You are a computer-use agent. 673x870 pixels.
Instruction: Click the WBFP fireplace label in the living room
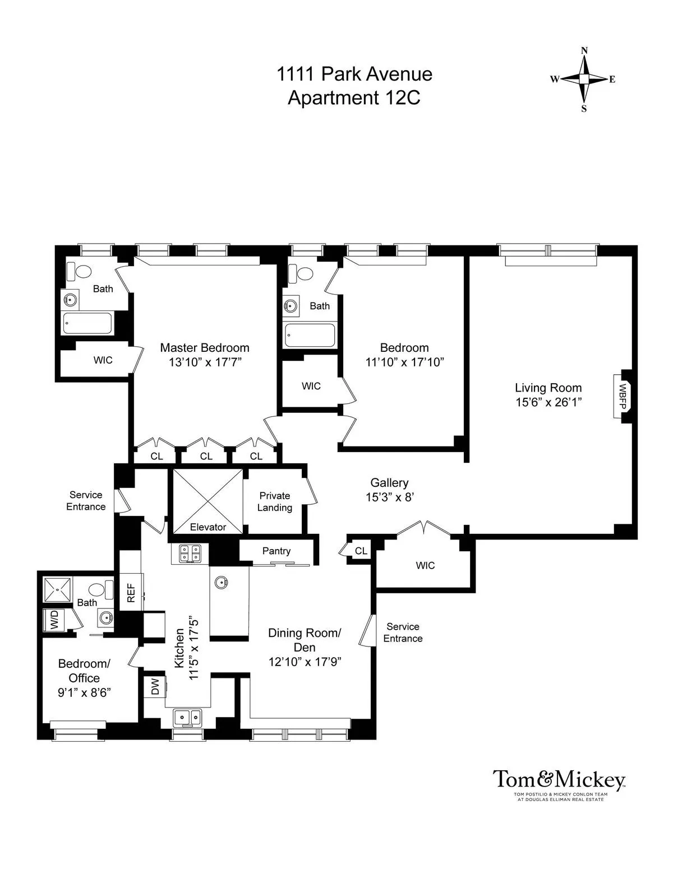coord(623,396)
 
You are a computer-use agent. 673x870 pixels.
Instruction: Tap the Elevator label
coord(208,527)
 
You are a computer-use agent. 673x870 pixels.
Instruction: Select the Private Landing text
coord(274,501)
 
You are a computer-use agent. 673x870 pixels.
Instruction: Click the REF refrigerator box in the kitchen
coord(131,593)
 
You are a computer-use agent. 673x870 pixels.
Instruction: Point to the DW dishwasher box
coord(155,687)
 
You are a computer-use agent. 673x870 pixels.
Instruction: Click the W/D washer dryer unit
coord(55,620)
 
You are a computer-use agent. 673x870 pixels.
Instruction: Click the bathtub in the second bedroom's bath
coord(310,335)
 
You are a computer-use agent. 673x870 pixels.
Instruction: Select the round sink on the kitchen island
coord(221,583)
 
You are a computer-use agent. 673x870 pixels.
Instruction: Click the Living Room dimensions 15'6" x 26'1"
coord(548,402)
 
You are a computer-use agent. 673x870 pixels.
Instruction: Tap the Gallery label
coord(389,482)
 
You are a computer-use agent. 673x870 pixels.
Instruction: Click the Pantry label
coord(276,551)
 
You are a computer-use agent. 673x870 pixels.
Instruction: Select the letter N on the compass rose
coord(584,50)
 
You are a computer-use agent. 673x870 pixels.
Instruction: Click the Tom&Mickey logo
coord(559,780)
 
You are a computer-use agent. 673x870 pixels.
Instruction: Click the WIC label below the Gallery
coord(425,565)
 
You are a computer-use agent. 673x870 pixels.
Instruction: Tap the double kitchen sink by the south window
coord(187,717)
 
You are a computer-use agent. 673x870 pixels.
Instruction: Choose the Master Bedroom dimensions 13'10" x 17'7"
coord(205,362)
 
